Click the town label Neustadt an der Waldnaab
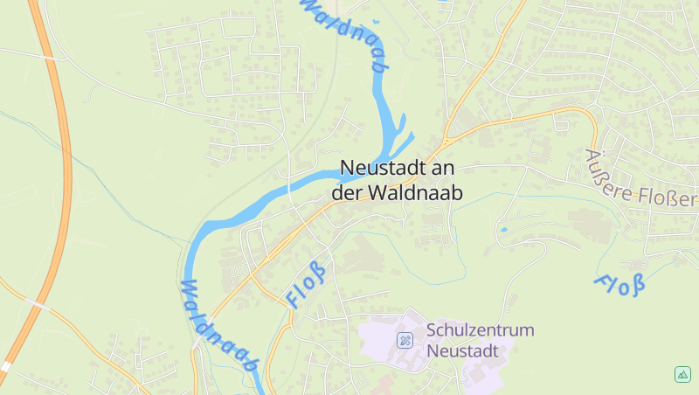point(398,179)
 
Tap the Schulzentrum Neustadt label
point(480,341)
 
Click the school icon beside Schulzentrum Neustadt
point(405,340)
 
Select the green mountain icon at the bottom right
point(682,374)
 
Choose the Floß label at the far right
point(619,283)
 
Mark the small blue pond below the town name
point(503,230)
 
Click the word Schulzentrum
point(480,331)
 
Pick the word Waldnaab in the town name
point(414,192)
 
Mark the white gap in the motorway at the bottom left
point(6,366)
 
